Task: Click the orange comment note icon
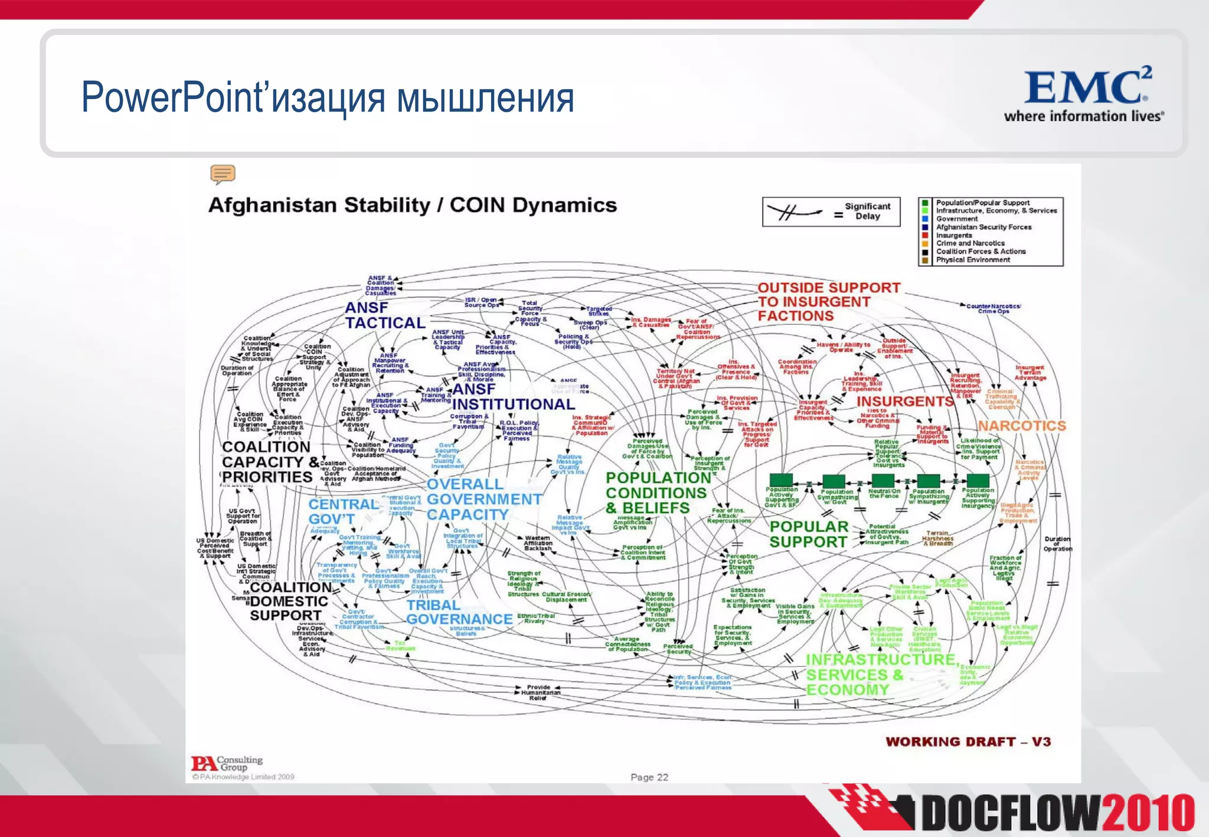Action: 223,174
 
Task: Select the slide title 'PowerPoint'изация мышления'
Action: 328,97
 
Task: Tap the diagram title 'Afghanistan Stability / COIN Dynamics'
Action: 412,205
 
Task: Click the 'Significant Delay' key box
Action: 831,212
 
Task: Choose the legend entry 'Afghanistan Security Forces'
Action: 983,227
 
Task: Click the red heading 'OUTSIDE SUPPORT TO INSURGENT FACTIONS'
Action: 828,302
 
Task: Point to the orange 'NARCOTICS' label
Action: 1022,426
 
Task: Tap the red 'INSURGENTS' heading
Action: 904,401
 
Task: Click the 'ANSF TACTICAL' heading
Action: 385,315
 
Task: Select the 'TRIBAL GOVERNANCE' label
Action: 459,612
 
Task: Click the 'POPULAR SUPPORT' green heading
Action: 808,534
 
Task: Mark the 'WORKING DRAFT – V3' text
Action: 968,742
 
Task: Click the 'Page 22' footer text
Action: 649,777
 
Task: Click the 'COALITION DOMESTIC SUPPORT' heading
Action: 289,601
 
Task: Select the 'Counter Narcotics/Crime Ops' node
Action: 993,309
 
